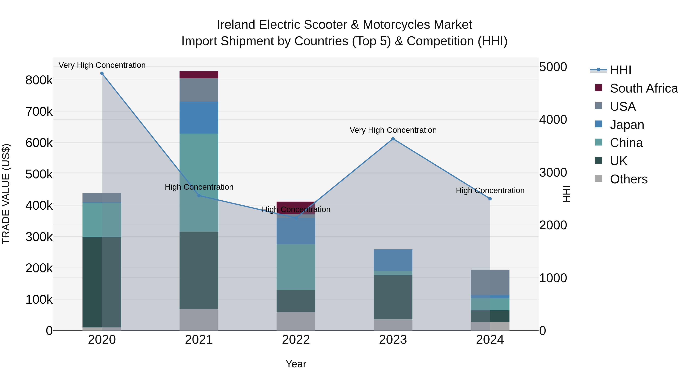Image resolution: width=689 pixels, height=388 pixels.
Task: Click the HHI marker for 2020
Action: (102, 73)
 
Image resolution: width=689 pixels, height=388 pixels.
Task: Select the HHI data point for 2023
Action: (393, 139)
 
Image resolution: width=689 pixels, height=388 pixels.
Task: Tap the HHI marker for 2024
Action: (490, 199)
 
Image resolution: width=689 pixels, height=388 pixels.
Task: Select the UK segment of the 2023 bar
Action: (393, 297)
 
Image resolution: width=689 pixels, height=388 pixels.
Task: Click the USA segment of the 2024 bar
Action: (490, 282)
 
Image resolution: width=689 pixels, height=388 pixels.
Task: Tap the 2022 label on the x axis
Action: (296, 340)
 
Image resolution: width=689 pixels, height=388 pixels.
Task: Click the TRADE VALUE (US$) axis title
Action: (6, 194)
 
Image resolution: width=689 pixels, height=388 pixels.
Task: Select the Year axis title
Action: (296, 364)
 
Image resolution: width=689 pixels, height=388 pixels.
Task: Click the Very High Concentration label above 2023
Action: (393, 130)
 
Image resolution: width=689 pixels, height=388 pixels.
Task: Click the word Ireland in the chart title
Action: (236, 25)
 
